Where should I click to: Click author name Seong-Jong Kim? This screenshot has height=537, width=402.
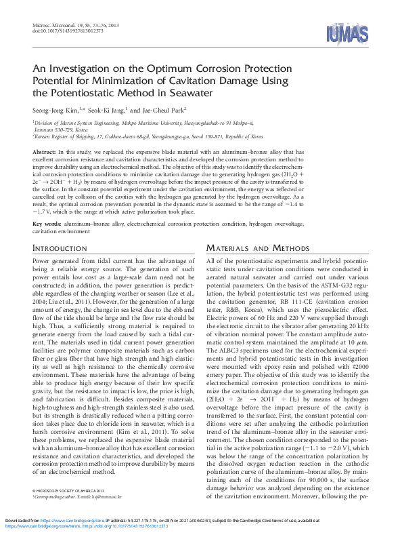tap(56, 109)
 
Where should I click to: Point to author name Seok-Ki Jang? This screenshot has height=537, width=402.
tap(108, 109)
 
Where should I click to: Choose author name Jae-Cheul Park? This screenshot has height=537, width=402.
tap(163, 109)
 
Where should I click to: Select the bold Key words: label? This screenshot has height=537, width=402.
tap(48, 223)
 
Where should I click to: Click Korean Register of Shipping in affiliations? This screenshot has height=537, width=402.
tap(68, 136)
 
